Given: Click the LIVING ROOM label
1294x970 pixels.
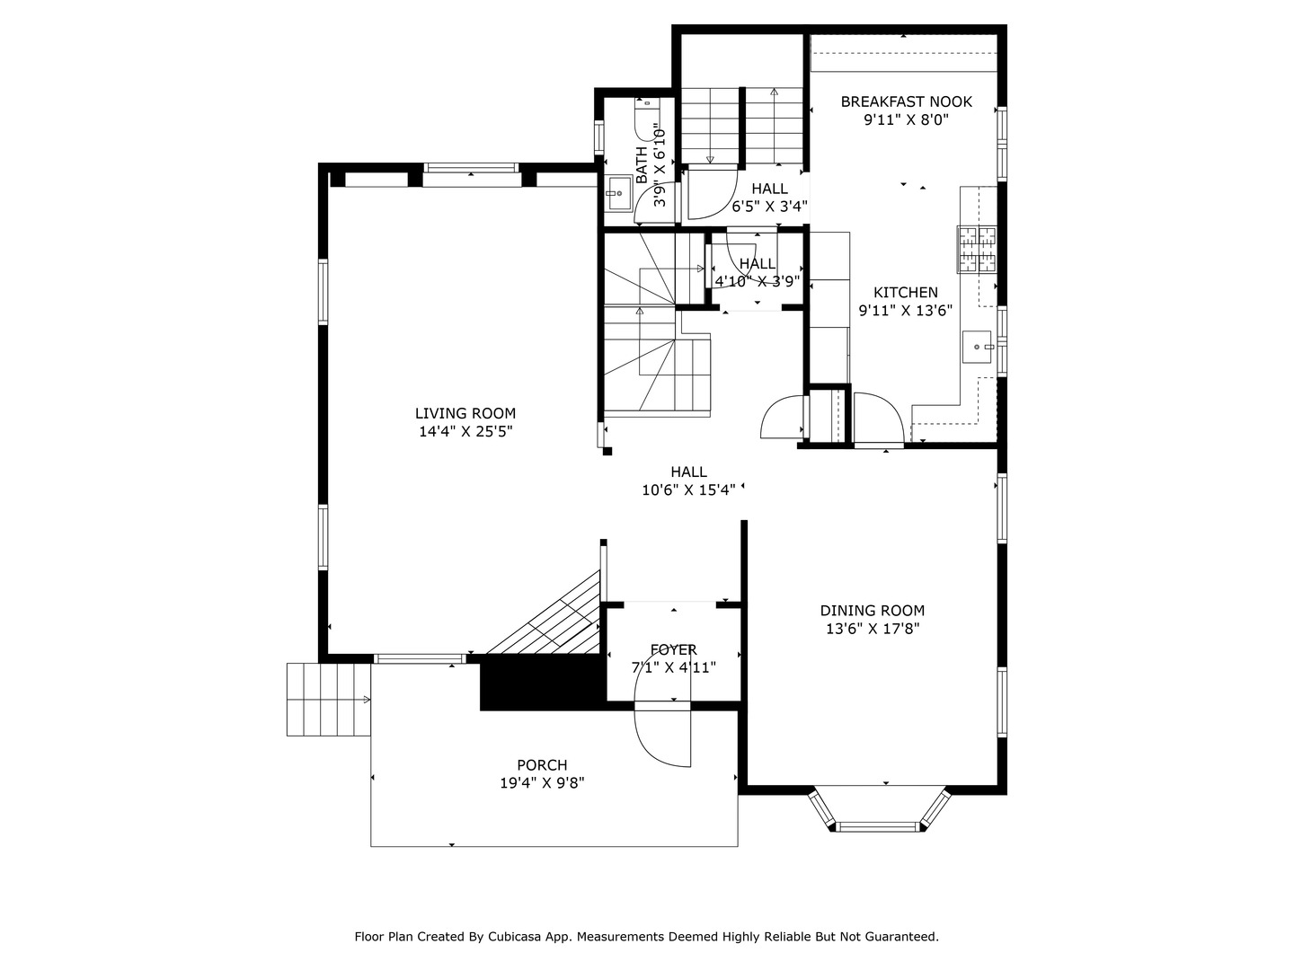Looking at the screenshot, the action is tap(465, 413).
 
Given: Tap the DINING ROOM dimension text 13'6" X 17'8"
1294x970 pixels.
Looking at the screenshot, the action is tap(872, 629).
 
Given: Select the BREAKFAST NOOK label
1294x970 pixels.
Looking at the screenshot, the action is tap(906, 101).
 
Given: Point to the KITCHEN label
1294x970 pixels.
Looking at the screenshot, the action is tap(905, 293).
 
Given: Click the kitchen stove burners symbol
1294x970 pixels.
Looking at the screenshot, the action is tap(976, 250).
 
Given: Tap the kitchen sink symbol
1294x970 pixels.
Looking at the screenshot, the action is tap(978, 347).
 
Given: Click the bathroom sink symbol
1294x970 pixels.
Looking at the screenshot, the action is tap(618, 192).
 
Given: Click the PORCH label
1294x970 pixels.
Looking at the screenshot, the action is tap(542, 765).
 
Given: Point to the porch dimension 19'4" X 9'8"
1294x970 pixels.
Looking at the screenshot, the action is tap(542, 783).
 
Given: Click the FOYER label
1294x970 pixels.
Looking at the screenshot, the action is tap(673, 649).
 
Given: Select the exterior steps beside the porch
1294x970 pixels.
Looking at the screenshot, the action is tap(328, 699).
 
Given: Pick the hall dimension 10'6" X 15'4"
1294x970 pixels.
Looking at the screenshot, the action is tap(688, 490).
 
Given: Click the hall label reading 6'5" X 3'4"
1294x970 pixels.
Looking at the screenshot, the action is tap(769, 207).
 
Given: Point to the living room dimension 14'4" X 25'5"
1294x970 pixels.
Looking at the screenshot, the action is tap(465, 432).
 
